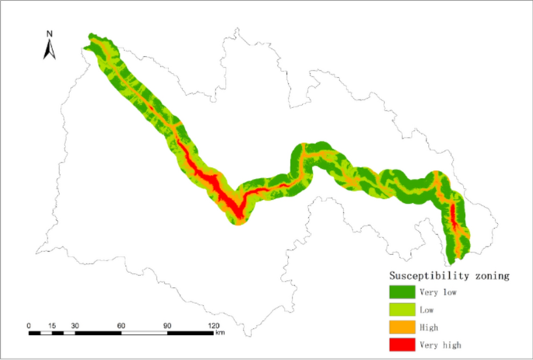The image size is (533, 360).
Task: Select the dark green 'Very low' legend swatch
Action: click(x=402, y=292)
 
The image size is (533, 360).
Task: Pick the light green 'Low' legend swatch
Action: click(x=402, y=309)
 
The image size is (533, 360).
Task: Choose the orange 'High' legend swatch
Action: click(x=402, y=327)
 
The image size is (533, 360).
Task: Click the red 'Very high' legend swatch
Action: click(x=402, y=344)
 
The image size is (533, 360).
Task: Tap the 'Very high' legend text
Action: click(x=441, y=344)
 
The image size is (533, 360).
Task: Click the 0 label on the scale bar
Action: click(x=29, y=325)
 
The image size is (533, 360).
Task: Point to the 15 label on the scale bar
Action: click(x=52, y=325)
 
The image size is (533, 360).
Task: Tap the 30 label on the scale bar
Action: click(x=75, y=325)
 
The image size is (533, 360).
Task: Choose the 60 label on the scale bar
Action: click(x=121, y=325)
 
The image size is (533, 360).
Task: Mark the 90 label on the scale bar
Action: click(x=167, y=325)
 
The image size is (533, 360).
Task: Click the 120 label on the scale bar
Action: click(x=212, y=325)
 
